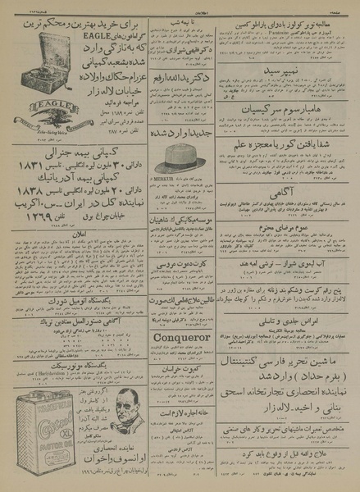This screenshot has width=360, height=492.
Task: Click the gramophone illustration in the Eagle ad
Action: pyautogui.click(x=33, y=57)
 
